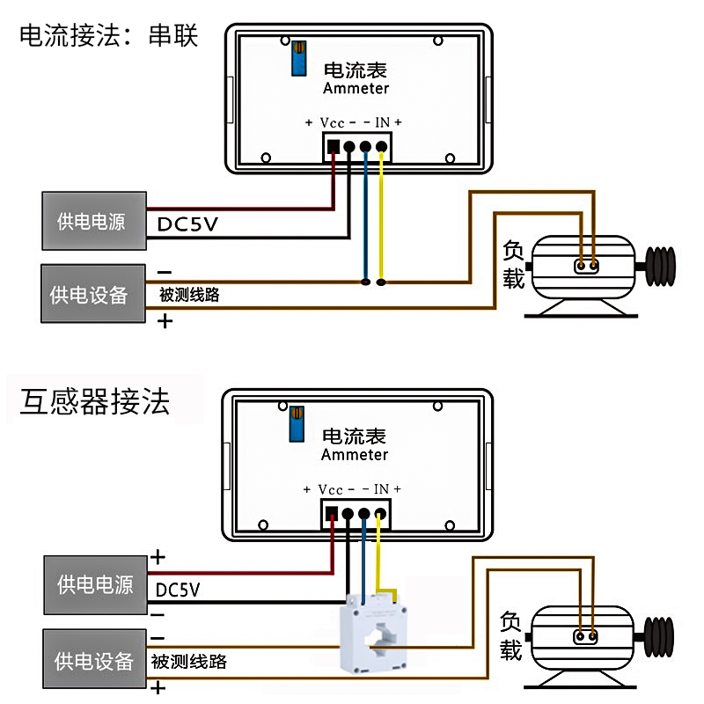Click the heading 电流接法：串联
(x=109, y=36)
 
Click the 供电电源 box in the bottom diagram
(x=94, y=584)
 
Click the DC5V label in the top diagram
(x=187, y=225)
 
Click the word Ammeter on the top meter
(x=356, y=88)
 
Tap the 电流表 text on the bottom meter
(x=355, y=436)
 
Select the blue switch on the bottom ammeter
(x=298, y=423)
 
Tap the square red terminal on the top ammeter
(x=334, y=147)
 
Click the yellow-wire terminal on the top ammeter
(x=381, y=147)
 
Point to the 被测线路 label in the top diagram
(x=189, y=296)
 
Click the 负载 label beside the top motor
(x=513, y=264)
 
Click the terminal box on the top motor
(x=587, y=265)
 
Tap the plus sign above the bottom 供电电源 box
(x=158, y=557)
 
